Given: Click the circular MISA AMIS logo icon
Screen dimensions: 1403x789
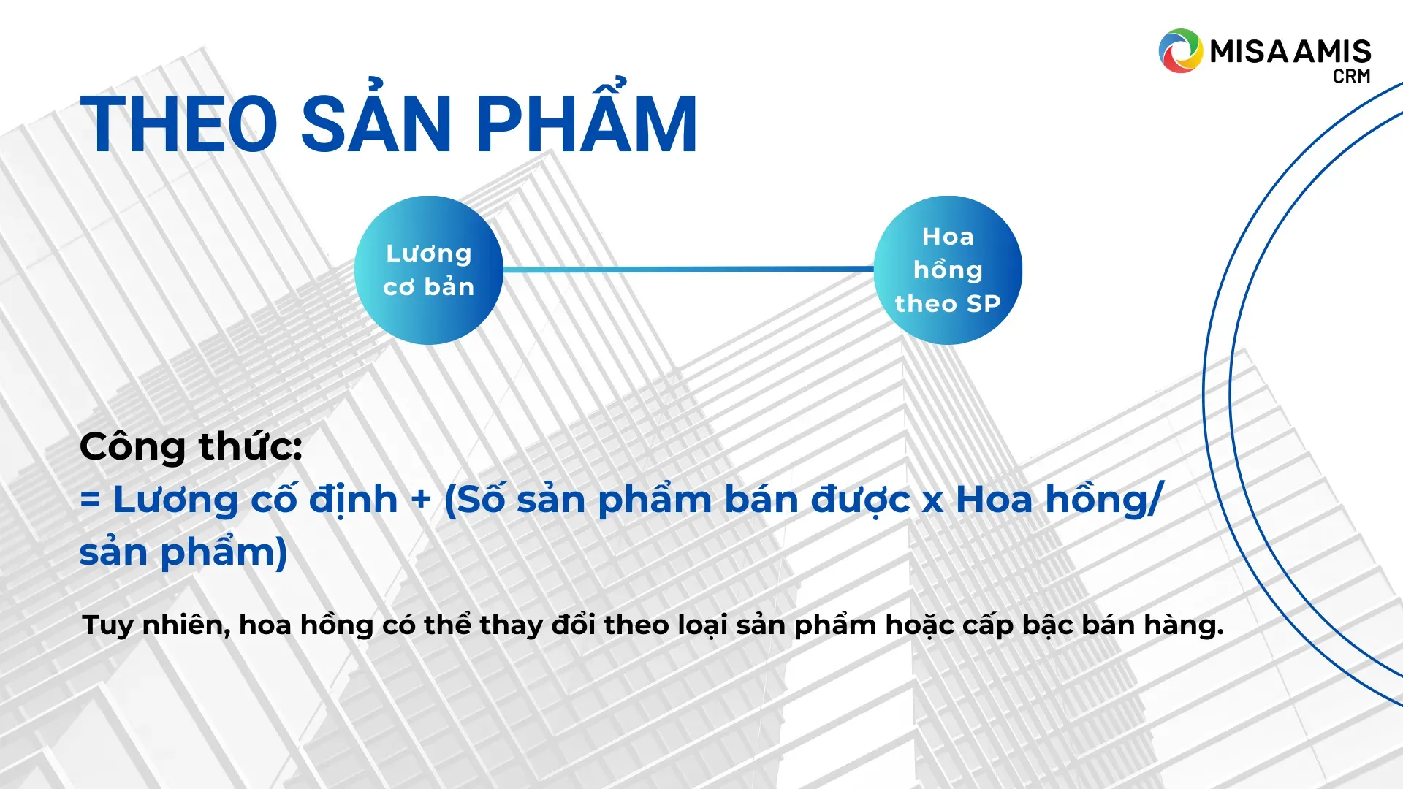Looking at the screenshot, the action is (1180, 51).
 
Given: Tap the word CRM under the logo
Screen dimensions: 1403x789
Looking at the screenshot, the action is (1351, 77).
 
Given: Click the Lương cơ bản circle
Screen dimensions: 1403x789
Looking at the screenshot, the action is (429, 270).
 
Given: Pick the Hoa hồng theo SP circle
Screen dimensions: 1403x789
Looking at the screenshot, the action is (948, 270).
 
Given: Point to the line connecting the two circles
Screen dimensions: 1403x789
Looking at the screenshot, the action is (688, 270).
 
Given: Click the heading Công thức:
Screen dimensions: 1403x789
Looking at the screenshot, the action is (191, 446).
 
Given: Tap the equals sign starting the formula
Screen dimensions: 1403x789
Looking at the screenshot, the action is (90, 500).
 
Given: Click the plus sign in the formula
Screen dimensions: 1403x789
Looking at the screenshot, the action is (421, 500).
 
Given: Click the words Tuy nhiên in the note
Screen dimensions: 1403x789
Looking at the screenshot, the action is (156, 625).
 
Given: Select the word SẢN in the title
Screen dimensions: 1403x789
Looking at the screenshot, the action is (376, 118).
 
